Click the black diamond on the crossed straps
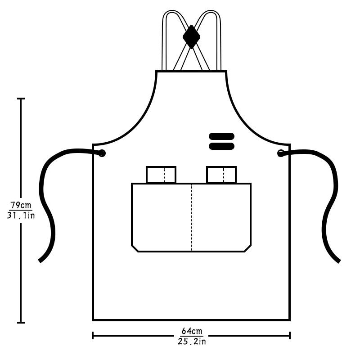[x=191, y=36]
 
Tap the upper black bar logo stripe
[x=221, y=136]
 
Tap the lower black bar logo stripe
[x=221, y=146]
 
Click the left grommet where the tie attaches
[x=102, y=153]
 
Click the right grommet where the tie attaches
[x=281, y=153]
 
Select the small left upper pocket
[x=161, y=175]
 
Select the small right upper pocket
[x=221, y=175]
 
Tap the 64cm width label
[x=192, y=332]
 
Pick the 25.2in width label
[x=192, y=342]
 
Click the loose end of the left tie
[x=40, y=260]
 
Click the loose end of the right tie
[x=338, y=261]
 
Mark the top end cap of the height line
[x=21, y=99]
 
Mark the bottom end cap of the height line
[x=21, y=322]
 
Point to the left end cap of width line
[x=93, y=335]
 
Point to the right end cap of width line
[x=290, y=335]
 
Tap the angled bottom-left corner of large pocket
[x=135, y=248]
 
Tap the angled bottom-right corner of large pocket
[x=247, y=248]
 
